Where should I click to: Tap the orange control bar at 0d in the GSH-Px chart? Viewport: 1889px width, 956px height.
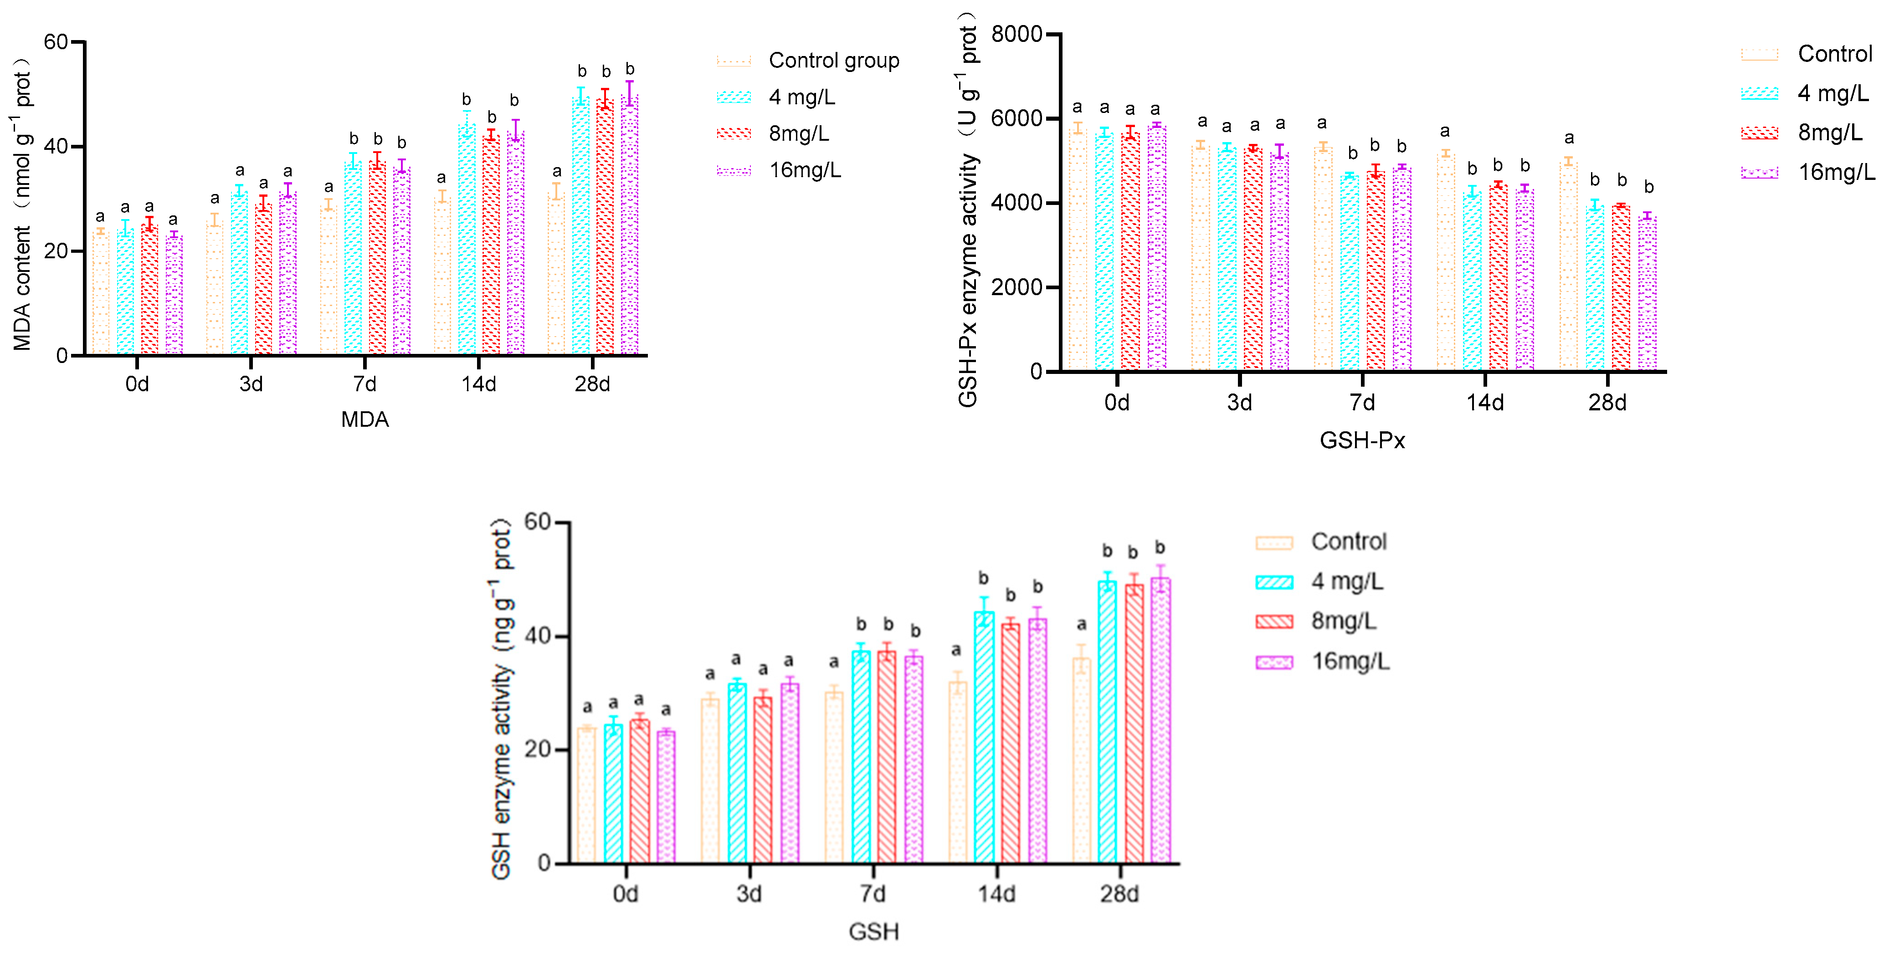[1077, 249]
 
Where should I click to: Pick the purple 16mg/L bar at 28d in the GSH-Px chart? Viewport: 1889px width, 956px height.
[1648, 293]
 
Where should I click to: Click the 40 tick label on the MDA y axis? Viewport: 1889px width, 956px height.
[56, 147]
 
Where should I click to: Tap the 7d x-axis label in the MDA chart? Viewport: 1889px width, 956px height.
[364, 384]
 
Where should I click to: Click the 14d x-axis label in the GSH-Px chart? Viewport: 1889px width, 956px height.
[1485, 403]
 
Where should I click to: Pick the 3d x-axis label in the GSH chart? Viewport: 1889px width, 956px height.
[749, 894]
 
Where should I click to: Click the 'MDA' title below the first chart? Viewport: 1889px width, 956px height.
[364, 420]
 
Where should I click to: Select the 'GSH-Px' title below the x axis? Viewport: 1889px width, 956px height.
[1362, 440]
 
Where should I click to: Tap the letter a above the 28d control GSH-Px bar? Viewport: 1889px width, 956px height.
[1569, 138]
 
